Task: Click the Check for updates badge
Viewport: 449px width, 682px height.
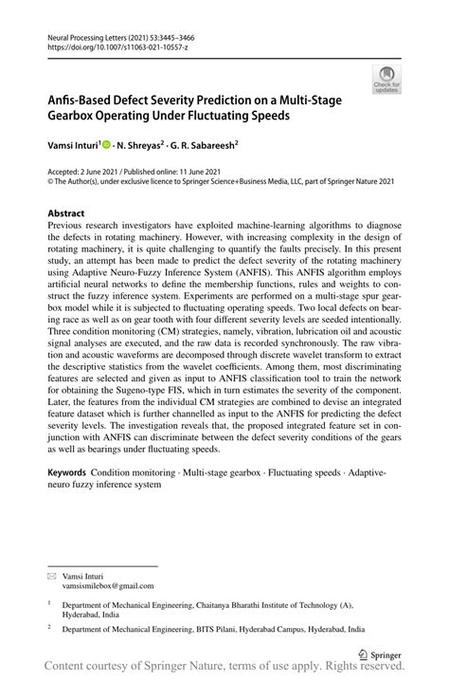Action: pos(387,80)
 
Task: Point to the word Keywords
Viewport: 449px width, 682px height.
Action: pos(68,470)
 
